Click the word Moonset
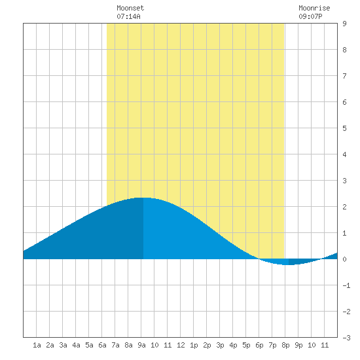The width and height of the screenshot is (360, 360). point(130,8)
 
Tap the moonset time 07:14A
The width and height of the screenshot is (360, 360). point(128,16)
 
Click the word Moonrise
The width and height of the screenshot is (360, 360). point(314,8)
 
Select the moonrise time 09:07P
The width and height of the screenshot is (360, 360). point(310,16)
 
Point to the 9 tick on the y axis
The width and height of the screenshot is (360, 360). point(344,24)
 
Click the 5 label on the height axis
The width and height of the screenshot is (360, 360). point(344,128)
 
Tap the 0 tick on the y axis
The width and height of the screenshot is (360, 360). point(344,259)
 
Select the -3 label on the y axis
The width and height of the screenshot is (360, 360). point(346,338)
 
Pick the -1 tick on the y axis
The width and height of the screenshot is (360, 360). point(346,285)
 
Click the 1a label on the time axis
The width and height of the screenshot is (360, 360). point(37,345)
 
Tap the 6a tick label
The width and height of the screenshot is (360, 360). point(102,345)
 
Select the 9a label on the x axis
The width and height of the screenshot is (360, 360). point(141,345)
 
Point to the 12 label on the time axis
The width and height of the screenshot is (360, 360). point(181,345)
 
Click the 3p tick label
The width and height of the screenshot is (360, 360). point(220,345)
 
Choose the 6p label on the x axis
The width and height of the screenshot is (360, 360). point(259,345)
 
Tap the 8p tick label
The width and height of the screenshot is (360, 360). point(285,345)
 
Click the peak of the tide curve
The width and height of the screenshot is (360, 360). point(143,198)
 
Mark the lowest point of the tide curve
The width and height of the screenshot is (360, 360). point(289,264)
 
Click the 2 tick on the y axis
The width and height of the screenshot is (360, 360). point(344,207)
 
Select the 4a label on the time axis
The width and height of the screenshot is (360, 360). point(76,345)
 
